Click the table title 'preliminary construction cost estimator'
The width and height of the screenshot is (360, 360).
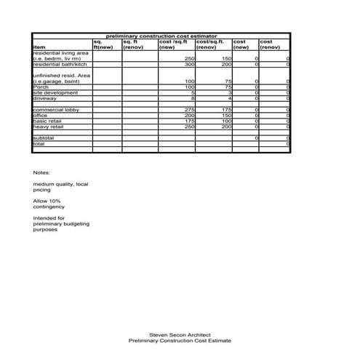click(x=161, y=36)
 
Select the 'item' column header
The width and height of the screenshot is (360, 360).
click(x=39, y=48)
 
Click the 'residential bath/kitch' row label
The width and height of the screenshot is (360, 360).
click(x=58, y=65)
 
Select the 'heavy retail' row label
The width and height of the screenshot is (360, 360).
click(x=49, y=127)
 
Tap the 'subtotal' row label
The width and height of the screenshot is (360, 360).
click(x=44, y=137)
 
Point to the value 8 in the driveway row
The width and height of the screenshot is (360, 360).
click(x=193, y=98)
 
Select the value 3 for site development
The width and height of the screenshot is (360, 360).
click(x=229, y=93)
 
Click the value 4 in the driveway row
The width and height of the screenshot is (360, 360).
click(x=229, y=98)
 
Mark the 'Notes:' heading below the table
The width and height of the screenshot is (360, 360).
click(x=41, y=172)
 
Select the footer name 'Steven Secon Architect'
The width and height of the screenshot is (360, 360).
click(x=179, y=335)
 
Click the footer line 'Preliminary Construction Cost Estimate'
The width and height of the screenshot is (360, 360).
click(x=179, y=341)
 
